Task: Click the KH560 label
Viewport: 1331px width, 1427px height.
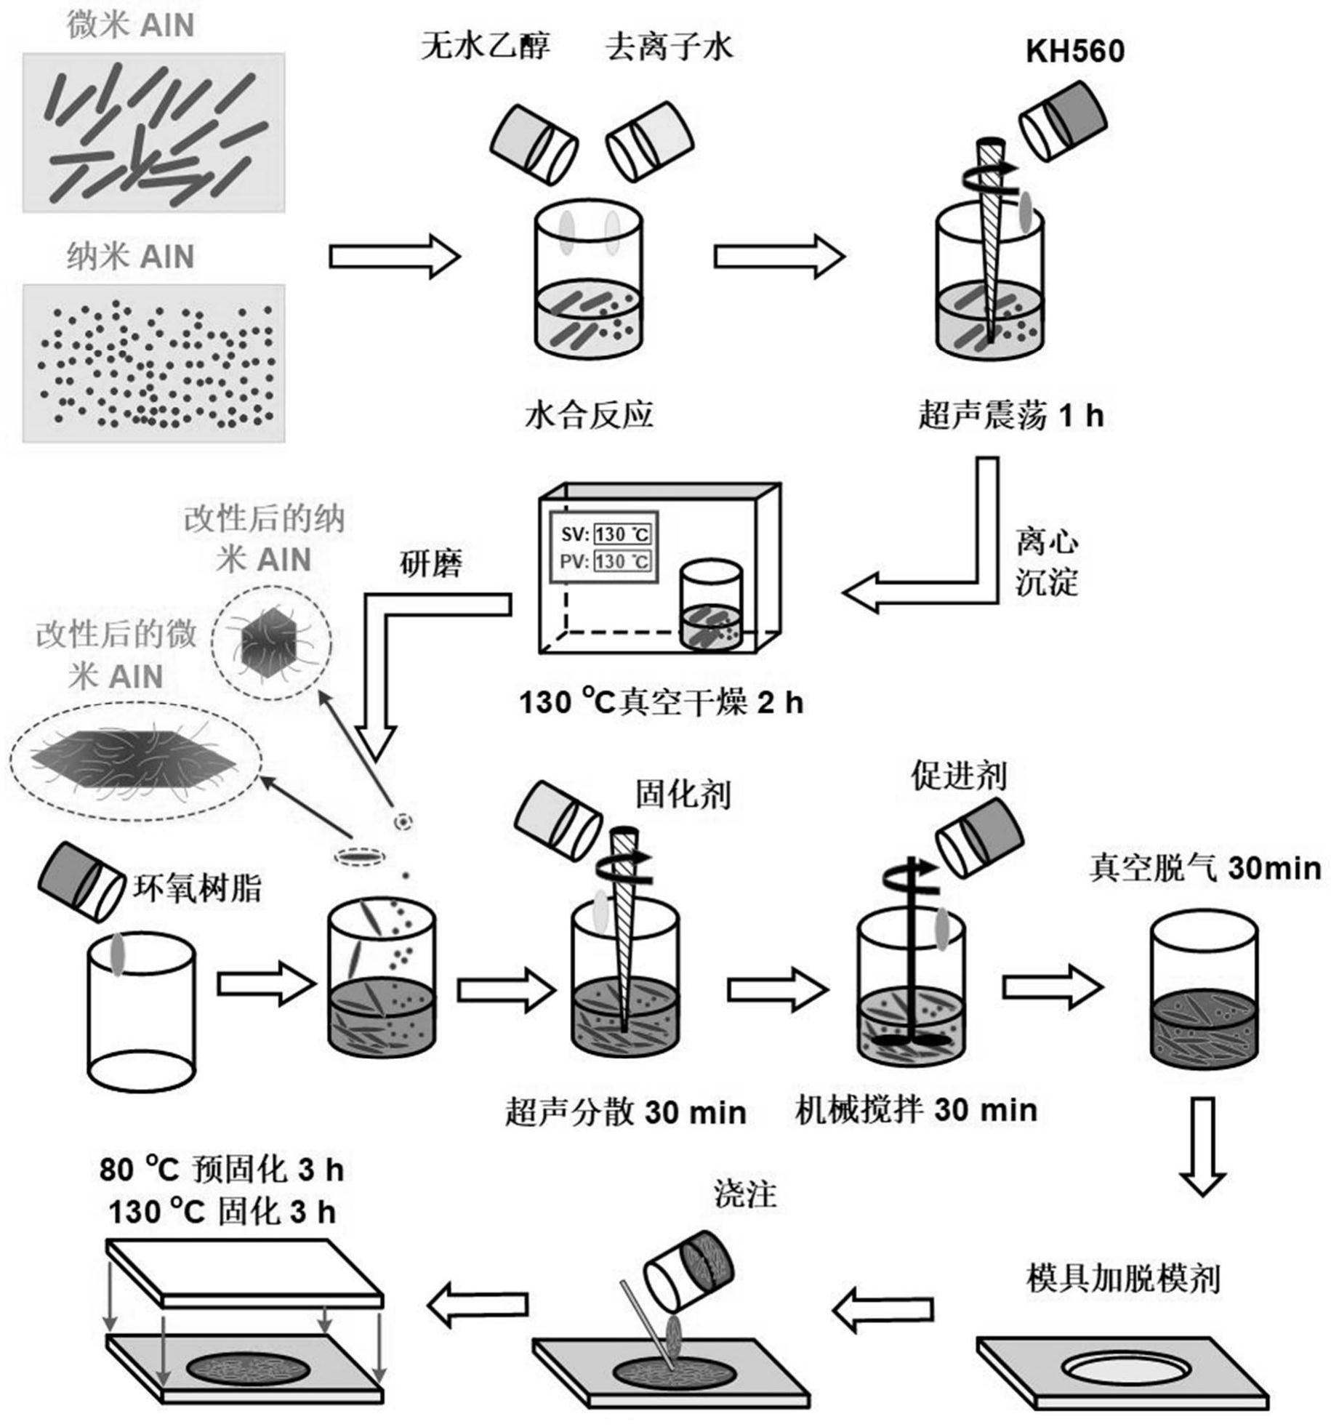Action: pos(1074,52)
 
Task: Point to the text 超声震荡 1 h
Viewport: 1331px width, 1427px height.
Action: pos(1010,417)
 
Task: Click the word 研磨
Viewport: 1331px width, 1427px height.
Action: pos(431,563)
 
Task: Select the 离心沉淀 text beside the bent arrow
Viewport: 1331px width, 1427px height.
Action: pos(1046,563)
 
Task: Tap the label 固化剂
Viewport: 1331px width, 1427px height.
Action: pos(683,795)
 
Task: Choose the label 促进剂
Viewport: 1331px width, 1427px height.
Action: pos(959,776)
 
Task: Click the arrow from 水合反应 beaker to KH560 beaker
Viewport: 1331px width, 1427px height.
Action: pos(779,256)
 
